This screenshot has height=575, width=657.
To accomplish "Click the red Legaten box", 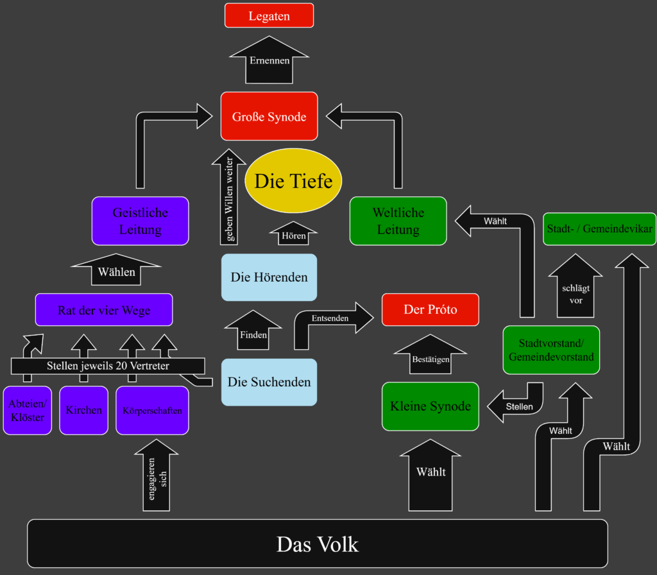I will click(x=269, y=15).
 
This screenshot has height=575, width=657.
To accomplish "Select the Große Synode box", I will click(x=269, y=116).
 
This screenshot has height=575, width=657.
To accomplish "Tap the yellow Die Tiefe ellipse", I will click(x=293, y=181).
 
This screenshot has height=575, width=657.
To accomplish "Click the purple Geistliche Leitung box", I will click(x=140, y=221).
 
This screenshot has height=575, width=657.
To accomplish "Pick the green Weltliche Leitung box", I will click(x=398, y=221).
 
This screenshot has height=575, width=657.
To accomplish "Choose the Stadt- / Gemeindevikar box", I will click(x=599, y=228).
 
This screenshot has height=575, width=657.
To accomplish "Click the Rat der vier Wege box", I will click(x=104, y=310).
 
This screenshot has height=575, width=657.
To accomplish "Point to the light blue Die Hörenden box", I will click(x=269, y=277).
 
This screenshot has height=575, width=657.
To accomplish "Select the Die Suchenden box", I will click(x=269, y=382).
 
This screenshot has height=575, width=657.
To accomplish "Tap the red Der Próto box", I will click(x=430, y=309).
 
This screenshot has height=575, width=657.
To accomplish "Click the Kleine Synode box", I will click(x=430, y=406).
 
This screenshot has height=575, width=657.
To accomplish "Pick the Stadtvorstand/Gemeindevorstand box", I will click(x=550, y=350).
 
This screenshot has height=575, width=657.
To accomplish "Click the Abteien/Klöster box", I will click(x=27, y=410).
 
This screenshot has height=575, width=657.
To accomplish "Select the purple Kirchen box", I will click(x=83, y=410).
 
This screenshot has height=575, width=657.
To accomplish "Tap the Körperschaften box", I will click(x=152, y=410).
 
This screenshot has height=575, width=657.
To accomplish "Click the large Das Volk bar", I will click(x=317, y=544).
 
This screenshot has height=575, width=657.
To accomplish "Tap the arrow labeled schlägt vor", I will click(x=576, y=289).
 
